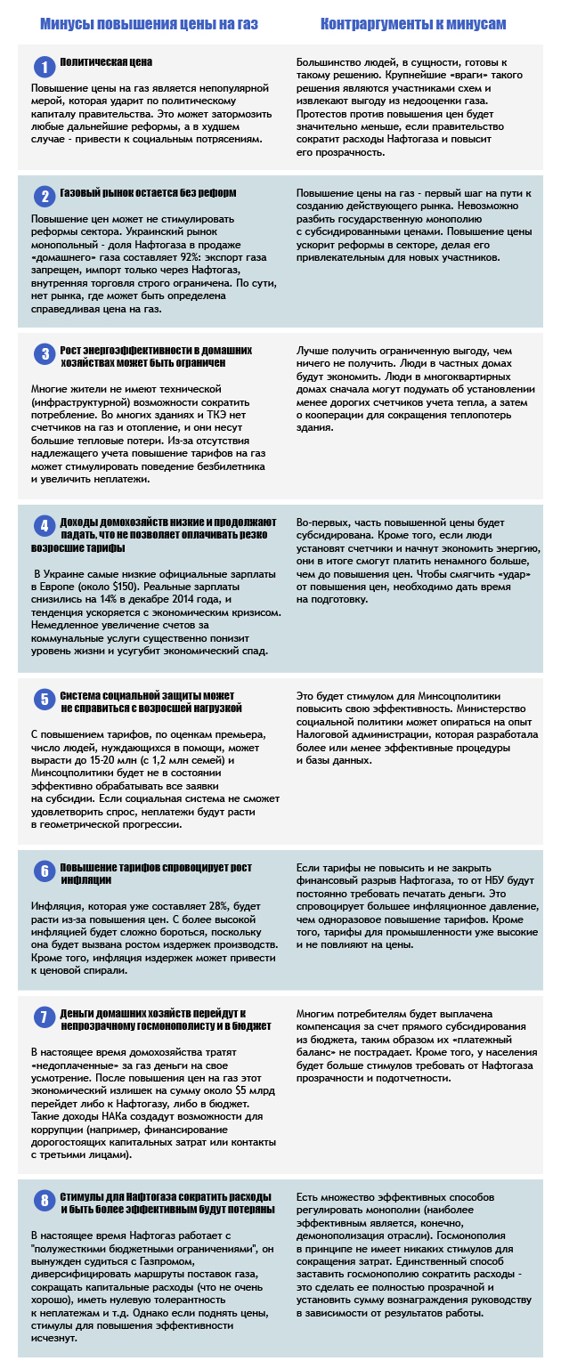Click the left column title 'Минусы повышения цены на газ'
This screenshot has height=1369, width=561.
pos(149,24)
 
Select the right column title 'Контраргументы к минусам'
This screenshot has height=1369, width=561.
pos(413,24)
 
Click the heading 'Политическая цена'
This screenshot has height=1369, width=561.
pos(106,62)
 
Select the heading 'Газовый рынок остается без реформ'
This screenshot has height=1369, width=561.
pos(148,192)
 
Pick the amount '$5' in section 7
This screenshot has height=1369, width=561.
pos(221,1092)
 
